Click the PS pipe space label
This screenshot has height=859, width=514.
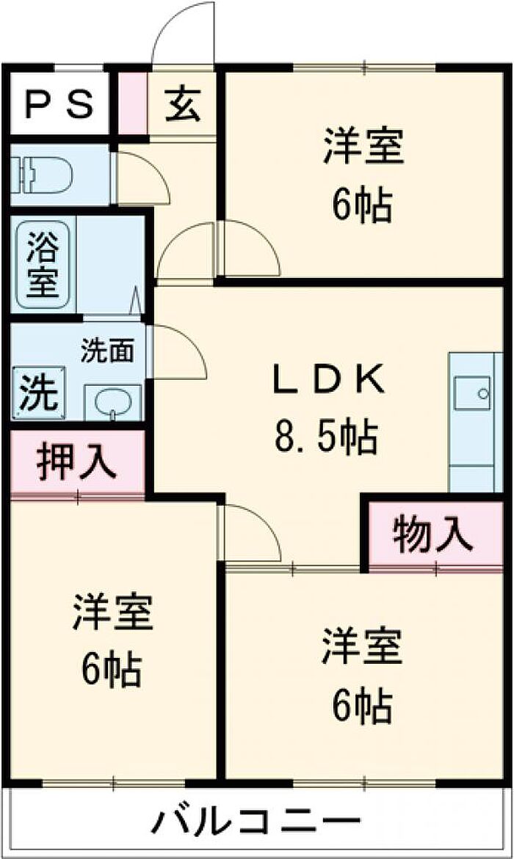[59, 103]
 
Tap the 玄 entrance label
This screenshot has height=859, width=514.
[184, 103]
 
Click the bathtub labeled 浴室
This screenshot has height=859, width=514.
[43, 264]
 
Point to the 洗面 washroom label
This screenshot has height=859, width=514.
[107, 351]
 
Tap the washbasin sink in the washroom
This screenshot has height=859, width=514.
[112, 403]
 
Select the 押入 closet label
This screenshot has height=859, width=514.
[77, 461]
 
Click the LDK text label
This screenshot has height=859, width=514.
[328, 379]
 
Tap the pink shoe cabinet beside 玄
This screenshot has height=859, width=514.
[133, 103]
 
